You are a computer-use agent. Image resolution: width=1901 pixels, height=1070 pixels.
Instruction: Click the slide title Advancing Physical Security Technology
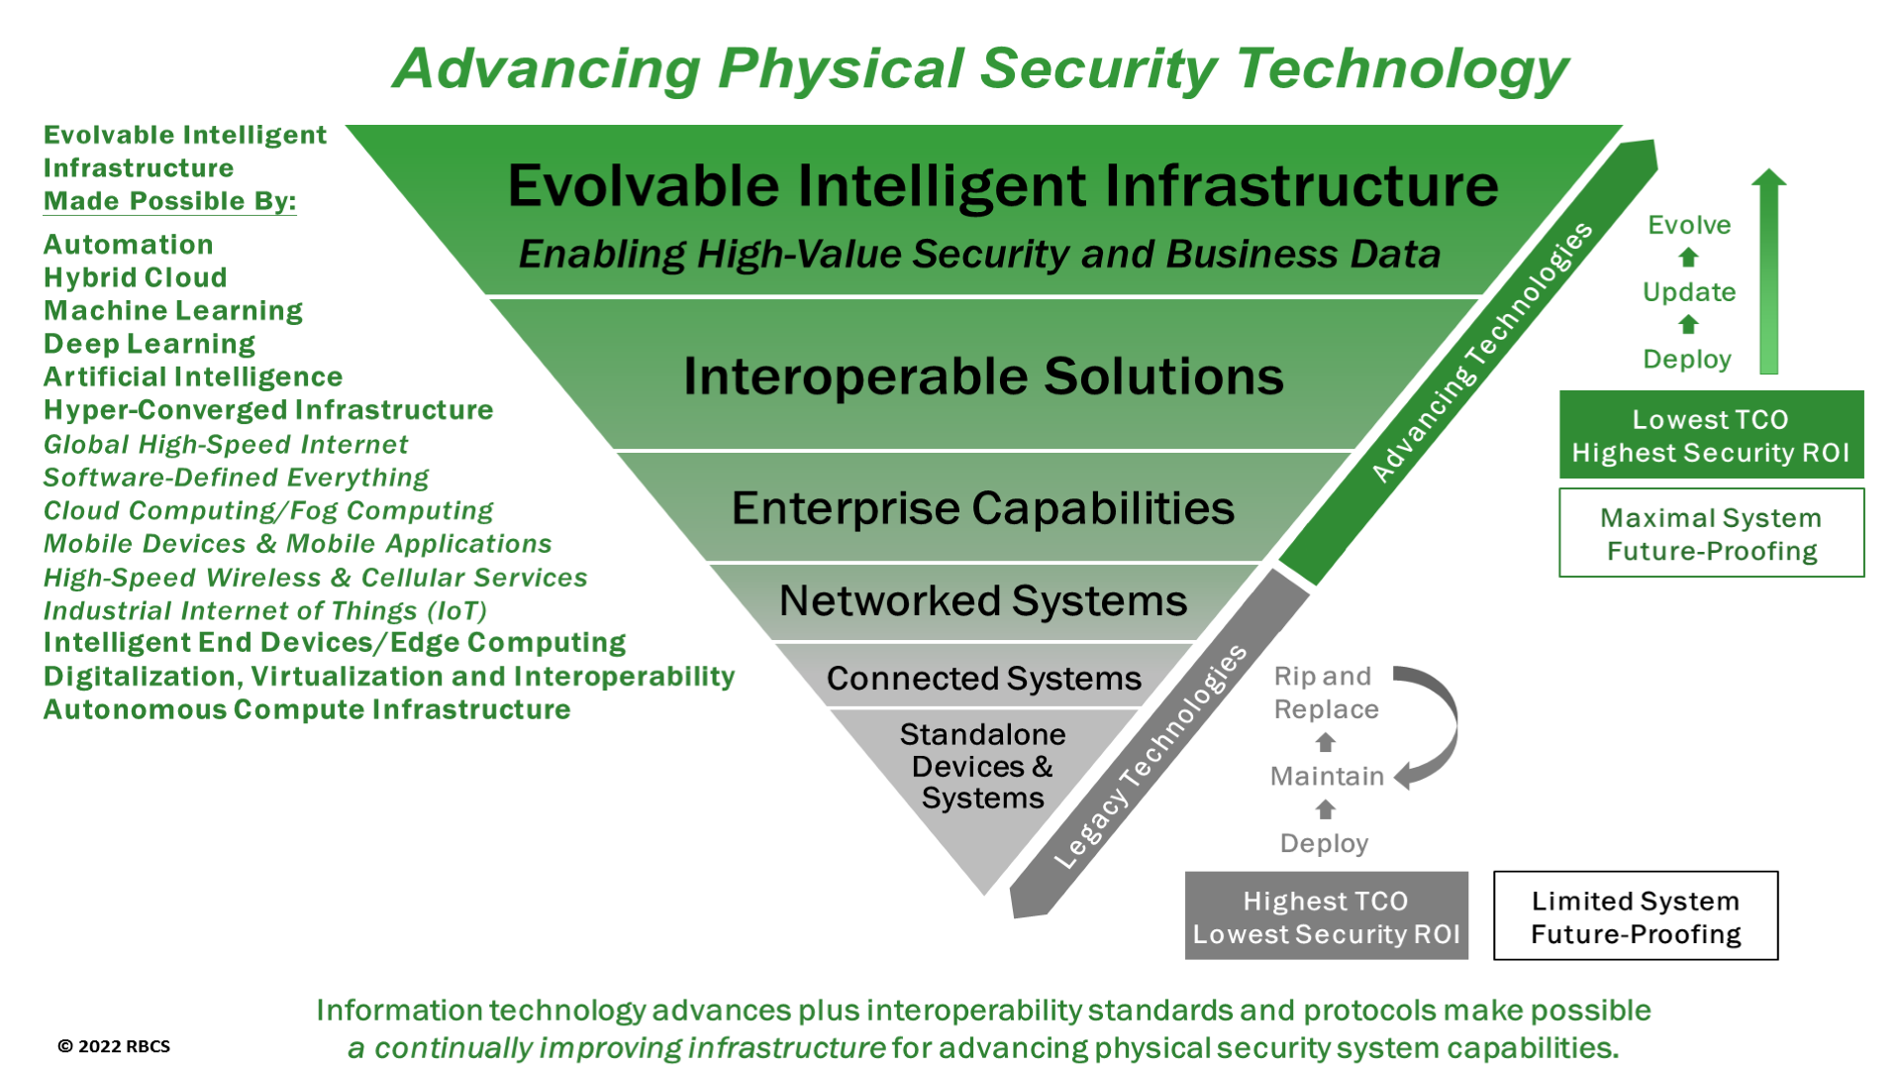pos(980,69)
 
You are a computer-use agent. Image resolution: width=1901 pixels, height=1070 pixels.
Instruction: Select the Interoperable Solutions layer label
pos(983,376)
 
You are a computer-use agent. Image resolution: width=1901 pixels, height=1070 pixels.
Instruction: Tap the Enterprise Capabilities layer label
pos(983,508)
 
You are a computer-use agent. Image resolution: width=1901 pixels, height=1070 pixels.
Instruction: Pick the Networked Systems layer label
pos(983,600)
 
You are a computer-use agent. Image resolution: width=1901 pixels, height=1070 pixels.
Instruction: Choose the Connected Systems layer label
pos(984,678)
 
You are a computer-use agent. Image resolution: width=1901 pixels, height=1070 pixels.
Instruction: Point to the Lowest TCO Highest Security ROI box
pos(1711,435)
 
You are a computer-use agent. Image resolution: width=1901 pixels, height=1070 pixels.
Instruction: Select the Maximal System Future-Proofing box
pos(1711,533)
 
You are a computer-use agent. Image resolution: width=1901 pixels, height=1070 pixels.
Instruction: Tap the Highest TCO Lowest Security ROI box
pos(1327,916)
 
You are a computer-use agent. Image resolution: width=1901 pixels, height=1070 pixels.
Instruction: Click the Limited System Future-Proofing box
pos(1636,916)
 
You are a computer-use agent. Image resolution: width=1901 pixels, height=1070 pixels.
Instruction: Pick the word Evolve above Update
pos(1689,225)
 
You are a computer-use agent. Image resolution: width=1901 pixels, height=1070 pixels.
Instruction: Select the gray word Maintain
pos(1327,776)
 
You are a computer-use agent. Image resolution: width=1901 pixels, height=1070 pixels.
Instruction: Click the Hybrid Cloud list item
pos(136,277)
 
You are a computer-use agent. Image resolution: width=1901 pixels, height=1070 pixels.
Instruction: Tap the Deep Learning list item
pos(150,344)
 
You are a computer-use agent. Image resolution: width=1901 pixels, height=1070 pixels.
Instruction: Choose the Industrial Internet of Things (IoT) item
pos(265,610)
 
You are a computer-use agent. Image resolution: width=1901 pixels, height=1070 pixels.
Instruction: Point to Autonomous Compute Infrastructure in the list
pos(307,709)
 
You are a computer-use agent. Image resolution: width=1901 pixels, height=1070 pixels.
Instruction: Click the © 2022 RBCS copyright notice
pos(114,1046)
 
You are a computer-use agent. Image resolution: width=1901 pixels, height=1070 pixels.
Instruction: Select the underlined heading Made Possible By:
pos(170,201)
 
